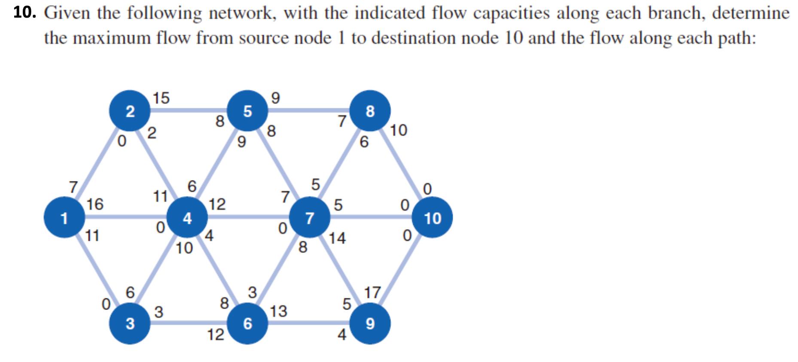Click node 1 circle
tap(64, 218)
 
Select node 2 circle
tap(130, 111)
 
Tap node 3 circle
tap(130, 324)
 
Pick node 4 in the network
tap(187, 218)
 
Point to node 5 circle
tap(248, 111)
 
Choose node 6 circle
tap(248, 324)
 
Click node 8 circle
tap(370, 111)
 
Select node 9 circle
tap(370, 324)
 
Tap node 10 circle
tap(433, 218)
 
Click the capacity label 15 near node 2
tap(161, 98)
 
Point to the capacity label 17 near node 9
tap(372, 293)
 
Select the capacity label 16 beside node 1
tap(95, 204)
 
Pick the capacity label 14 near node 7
tap(338, 238)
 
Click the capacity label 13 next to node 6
tap(279, 311)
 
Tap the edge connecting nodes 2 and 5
tap(189, 110)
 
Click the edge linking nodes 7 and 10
tap(369, 218)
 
